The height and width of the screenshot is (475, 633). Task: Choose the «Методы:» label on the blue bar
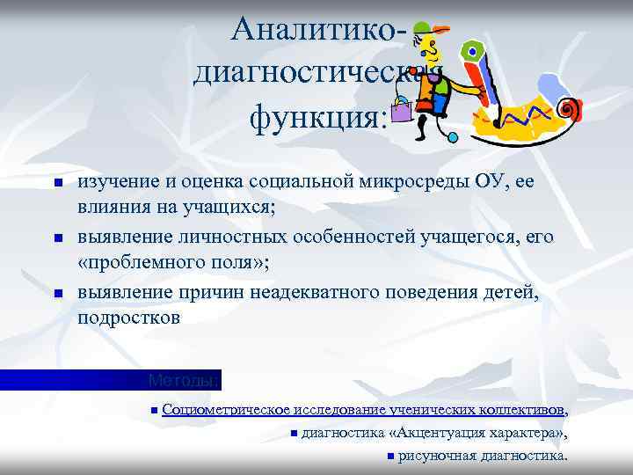click(x=184, y=381)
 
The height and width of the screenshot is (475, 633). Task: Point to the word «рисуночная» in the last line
click(x=437, y=456)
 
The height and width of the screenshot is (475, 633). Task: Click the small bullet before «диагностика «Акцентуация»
click(x=294, y=433)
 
